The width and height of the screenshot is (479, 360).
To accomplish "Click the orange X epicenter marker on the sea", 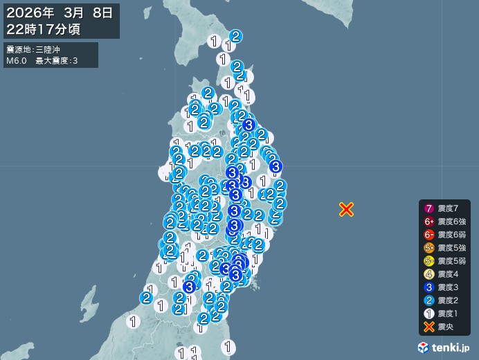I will (346, 209).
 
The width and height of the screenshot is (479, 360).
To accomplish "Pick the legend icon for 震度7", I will (429, 208).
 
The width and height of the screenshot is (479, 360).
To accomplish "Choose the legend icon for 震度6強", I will (429, 222).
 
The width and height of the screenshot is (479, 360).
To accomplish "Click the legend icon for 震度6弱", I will (429, 235).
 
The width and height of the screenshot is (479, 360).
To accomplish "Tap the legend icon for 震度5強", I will (429, 248).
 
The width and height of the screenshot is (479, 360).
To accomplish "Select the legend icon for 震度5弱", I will (429, 261).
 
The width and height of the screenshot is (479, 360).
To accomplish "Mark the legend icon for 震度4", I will (429, 274).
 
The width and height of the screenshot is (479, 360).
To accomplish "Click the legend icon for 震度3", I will (429, 287).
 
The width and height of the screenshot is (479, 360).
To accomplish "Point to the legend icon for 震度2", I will (429, 300).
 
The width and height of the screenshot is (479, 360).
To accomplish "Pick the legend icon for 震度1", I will (429, 314).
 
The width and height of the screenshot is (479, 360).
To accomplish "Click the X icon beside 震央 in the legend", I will (429, 327).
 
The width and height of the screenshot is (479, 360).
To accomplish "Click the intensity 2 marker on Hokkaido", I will (235, 36).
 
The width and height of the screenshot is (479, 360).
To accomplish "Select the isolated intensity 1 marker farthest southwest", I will (133, 321).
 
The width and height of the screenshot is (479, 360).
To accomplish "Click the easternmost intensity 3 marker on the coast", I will (275, 166).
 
